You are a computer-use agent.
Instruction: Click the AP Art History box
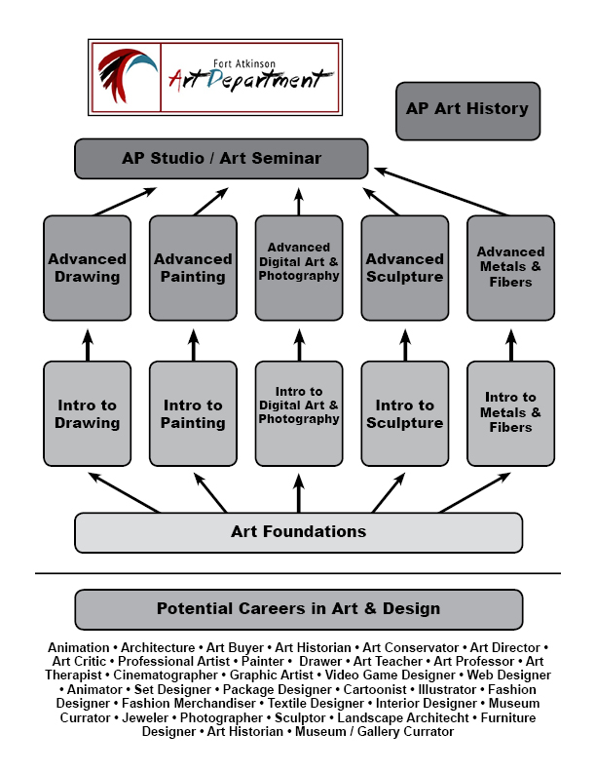point(467,110)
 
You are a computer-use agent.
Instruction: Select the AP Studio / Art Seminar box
point(221,158)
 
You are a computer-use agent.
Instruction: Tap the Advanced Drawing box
point(88,268)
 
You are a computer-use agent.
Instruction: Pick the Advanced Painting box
point(193,268)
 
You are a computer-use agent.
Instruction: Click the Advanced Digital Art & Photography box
point(299,268)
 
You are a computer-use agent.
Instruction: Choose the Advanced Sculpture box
point(405,268)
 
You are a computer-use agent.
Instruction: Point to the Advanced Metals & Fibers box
point(510,268)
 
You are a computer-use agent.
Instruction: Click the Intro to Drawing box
point(88,413)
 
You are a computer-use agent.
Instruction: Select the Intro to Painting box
point(193,413)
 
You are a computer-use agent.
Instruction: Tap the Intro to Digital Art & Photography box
point(299,413)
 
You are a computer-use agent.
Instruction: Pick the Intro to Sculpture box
point(405,413)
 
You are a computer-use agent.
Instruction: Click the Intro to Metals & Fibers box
point(510,413)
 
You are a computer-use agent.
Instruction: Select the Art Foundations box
point(299,532)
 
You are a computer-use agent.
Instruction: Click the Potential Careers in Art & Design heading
point(299,609)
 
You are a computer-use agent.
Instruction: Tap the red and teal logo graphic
point(128,76)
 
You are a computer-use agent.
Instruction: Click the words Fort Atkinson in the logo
point(248,62)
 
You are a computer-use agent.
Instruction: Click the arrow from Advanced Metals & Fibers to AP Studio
point(444,192)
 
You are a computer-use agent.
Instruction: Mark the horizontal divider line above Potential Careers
point(298,573)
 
